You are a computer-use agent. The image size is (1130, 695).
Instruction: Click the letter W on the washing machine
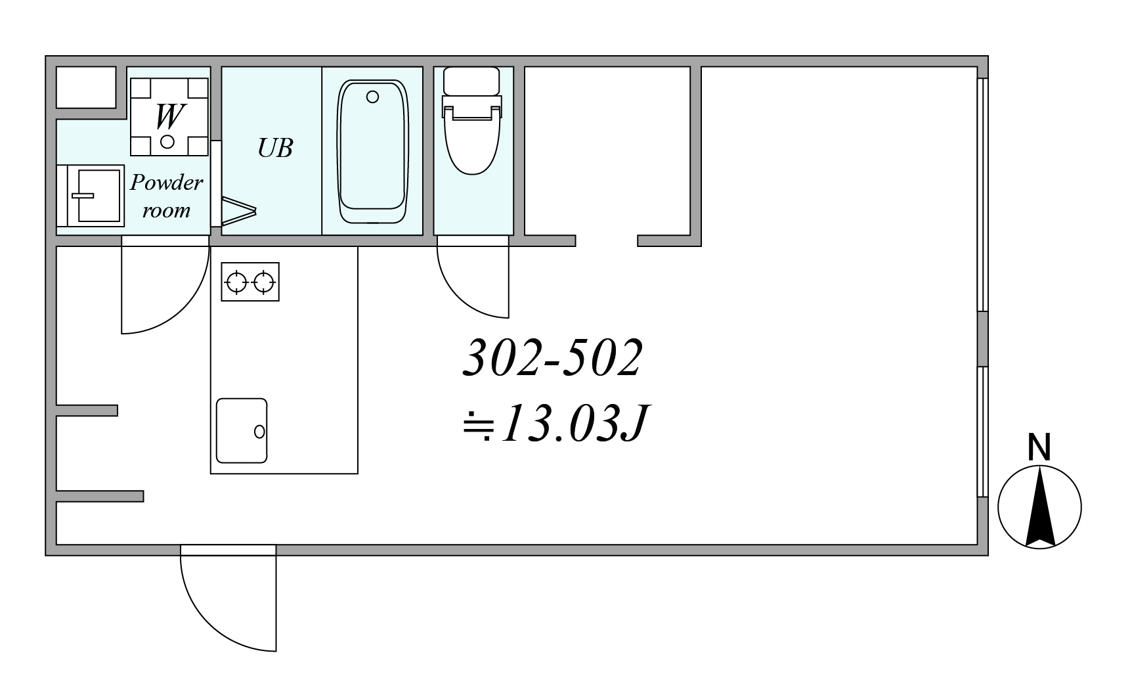168,116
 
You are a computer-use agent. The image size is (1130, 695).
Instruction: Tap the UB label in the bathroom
275,148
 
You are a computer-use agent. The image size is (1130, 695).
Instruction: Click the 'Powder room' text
167,196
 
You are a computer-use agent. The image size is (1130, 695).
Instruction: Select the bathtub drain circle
373,97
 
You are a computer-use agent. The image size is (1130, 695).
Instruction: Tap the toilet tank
472,81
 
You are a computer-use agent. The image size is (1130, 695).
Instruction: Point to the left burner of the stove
236,282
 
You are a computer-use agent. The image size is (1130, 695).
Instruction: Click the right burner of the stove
264,282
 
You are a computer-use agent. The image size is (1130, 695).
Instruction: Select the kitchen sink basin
242,431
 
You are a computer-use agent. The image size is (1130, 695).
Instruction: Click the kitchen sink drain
259,432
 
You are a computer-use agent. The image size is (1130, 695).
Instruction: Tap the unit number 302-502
552,359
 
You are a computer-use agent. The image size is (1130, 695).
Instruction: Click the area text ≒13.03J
555,424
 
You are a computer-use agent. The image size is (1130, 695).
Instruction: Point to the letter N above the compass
1039,447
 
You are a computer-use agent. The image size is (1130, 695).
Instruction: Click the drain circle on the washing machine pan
167,141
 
